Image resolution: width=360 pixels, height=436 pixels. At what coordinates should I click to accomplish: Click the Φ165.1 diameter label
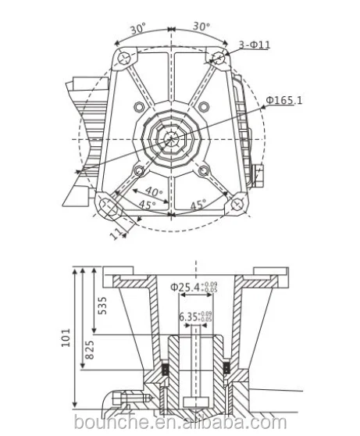click(285, 100)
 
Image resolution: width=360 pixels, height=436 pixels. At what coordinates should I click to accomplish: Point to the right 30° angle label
click(201, 26)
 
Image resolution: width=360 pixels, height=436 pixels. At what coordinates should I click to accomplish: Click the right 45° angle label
click(198, 205)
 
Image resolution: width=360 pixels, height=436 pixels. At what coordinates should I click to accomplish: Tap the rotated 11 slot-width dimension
click(115, 231)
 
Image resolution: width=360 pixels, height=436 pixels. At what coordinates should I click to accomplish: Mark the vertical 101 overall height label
click(68, 336)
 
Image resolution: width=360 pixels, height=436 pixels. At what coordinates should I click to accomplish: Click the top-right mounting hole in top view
click(219, 56)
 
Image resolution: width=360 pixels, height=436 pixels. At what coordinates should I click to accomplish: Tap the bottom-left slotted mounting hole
click(108, 205)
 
